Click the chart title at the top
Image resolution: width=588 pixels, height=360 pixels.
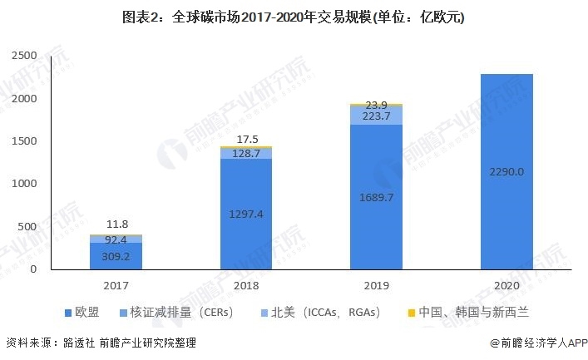(294, 17)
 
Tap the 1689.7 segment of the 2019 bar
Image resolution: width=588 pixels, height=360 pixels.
(376, 197)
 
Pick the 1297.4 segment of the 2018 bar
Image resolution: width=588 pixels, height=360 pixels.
(245, 214)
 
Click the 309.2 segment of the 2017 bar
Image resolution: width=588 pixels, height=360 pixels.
(115, 257)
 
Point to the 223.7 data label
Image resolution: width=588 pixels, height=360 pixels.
(376, 116)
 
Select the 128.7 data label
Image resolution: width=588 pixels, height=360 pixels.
(245, 154)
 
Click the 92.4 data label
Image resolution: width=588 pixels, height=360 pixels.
(115, 239)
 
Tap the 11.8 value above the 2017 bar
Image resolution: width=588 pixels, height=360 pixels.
(115, 224)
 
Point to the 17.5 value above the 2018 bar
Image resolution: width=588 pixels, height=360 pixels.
(245, 138)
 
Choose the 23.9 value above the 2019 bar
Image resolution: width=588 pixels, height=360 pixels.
(376, 105)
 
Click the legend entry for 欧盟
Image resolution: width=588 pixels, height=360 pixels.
(82, 313)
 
